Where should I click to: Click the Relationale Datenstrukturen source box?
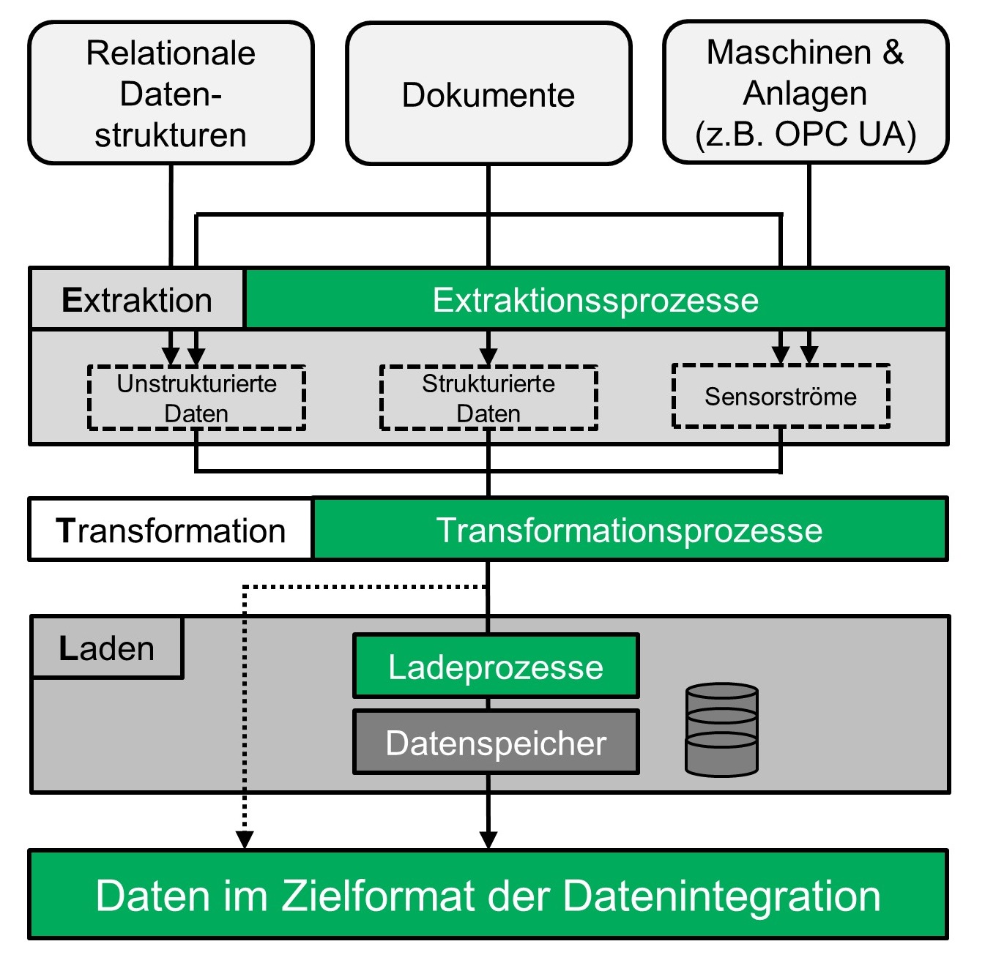coord(171,94)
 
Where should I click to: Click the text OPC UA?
coord(845,135)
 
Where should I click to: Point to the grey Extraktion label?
coord(137,300)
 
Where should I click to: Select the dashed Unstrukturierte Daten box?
coord(196,397)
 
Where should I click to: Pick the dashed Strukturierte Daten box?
coord(488,397)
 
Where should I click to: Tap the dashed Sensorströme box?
coord(781,396)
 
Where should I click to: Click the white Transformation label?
coord(171,530)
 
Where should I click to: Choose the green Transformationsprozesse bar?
coord(630,530)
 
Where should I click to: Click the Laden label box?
coord(107,648)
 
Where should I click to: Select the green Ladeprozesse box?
coord(496,667)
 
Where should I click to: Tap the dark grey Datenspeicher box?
coord(496,742)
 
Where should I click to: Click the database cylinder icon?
coord(721,730)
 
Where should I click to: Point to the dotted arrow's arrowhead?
coord(245,840)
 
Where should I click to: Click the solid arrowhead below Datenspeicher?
coord(488,840)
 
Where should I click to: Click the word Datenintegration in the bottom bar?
coord(721,895)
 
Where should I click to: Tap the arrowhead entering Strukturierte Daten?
coord(488,356)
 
